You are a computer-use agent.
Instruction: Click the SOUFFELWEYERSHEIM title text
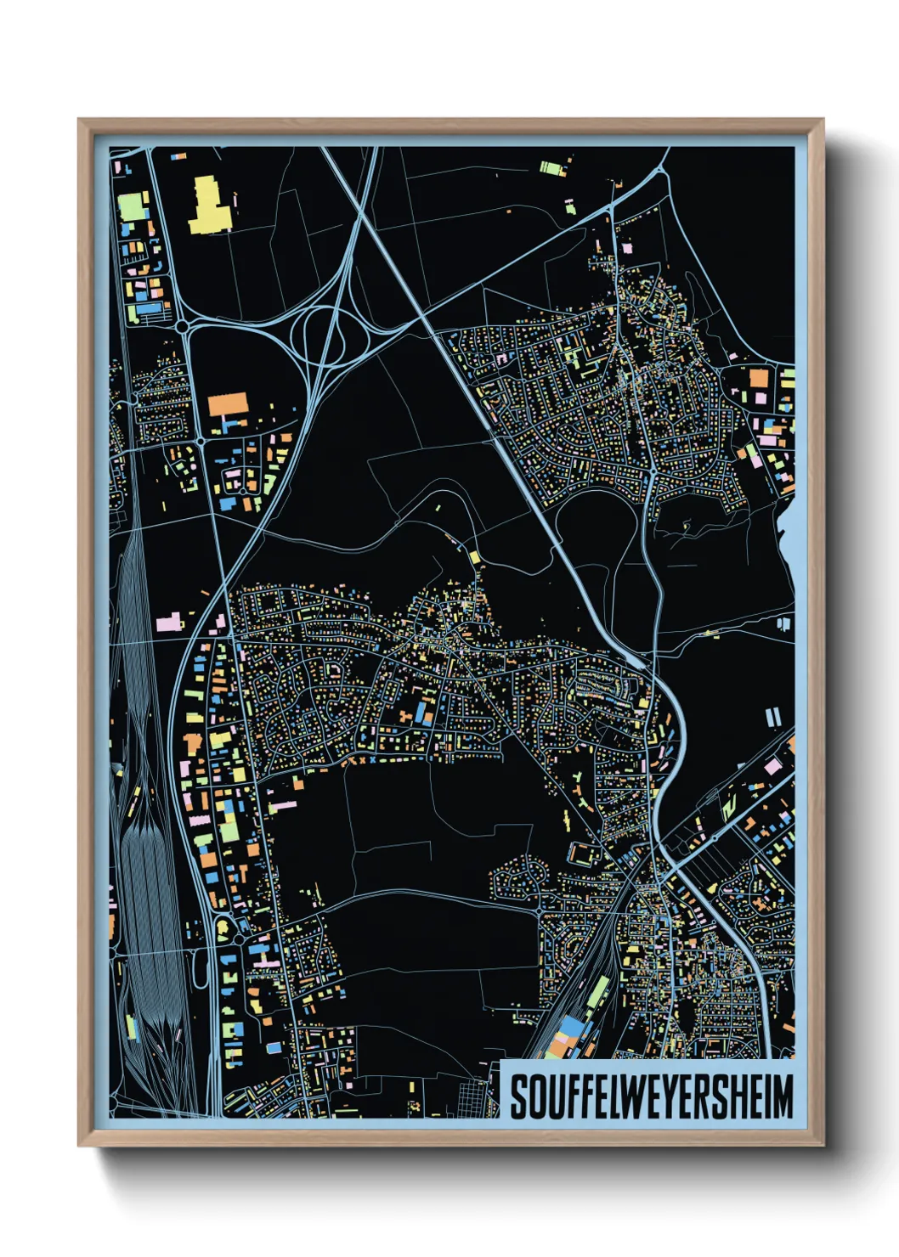pos(651,1096)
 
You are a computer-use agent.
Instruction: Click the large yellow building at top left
pos(207,206)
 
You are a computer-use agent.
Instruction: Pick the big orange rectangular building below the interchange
pos(228,403)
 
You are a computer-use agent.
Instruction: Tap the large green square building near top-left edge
pos(133,206)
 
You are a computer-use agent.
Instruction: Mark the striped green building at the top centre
pos(552,167)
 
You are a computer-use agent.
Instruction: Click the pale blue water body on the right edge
pos(787,544)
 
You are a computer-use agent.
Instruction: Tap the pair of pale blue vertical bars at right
pos(773,719)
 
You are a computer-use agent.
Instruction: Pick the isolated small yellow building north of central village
pos(474,557)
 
